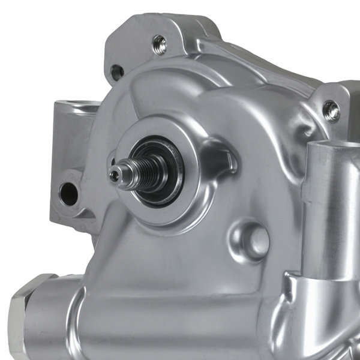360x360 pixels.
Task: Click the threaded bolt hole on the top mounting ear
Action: [160, 43]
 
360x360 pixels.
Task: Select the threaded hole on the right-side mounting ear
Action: [331, 110]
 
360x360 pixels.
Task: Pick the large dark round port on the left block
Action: [68, 193]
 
